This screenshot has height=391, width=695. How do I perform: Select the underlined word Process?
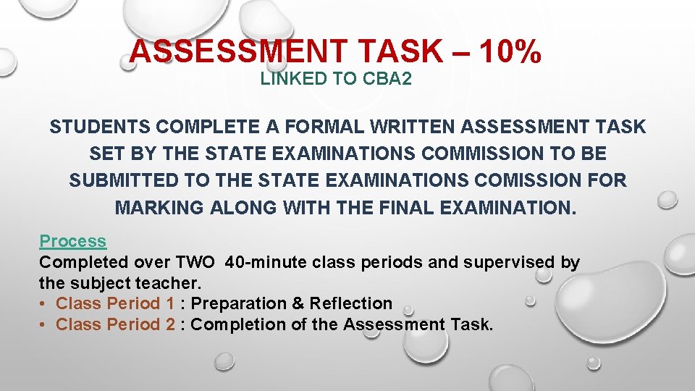point(72,241)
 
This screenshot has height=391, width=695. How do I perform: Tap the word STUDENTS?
point(99,127)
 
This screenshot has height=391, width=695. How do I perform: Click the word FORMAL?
point(313,127)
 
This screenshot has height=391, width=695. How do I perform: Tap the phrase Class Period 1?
point(115,303)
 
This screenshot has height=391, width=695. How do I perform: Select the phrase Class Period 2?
point(115,324)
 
